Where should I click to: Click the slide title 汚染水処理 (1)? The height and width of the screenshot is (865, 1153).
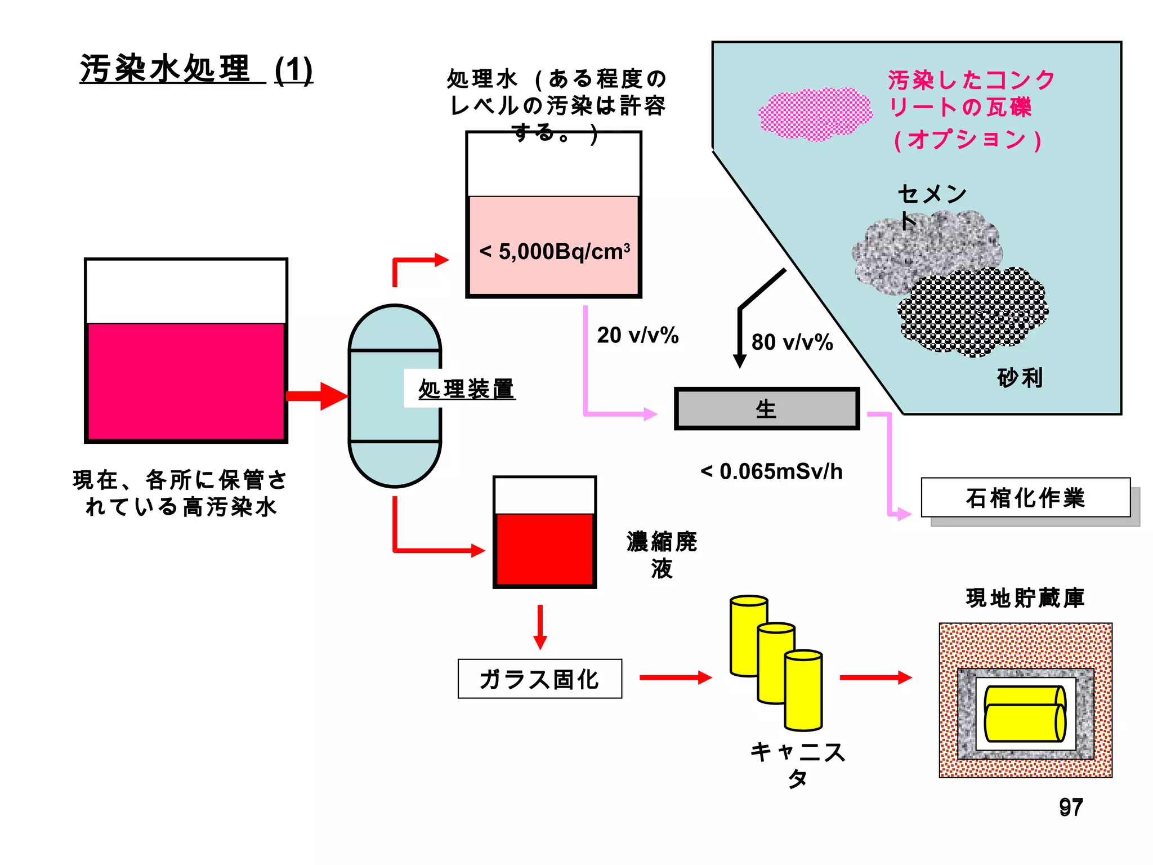pyautogui.click(x=196, y=69)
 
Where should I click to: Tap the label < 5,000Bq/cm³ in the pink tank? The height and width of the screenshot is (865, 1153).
pyautogui.click(x=554, y=251)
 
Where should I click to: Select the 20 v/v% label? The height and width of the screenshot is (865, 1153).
pyautogui.click(x=637, y=335)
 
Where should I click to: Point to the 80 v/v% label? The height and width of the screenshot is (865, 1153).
pyautogui.click(x=792, y=342)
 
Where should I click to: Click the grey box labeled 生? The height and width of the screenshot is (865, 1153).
pyautogui.click(x=766, y=409)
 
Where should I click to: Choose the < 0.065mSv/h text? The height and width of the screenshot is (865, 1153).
pyautogui.click(x=771, y=471)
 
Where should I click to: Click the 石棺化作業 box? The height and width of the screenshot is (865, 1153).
pyautogui.click(x=1025, y=498)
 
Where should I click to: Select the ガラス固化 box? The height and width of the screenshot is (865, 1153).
pyautogui.click(x=539, y=679)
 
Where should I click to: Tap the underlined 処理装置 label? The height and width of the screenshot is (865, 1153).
pyautogui.click(x=466, y=389)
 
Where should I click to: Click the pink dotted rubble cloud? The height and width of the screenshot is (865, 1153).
pyautogui.click(x=815, y=114)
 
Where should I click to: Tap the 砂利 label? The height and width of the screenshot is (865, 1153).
pyautogui.click(x=1020, y=377)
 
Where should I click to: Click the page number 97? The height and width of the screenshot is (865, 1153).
pyautogui.click(x=1070, y=807)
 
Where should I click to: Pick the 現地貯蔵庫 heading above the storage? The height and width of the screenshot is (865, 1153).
pyautogui.click(x=1025, y=598)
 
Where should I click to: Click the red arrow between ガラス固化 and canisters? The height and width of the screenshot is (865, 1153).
pyautogui.click(x=675, y=677)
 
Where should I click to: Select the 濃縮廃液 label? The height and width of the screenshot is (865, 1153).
pyautogui.click(x=662, y=555)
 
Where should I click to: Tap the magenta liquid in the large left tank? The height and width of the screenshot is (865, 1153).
pyautogui.click(x=186, y=381)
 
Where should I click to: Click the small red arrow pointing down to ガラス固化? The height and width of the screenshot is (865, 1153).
pyautogui.click(x=540, y=627)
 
